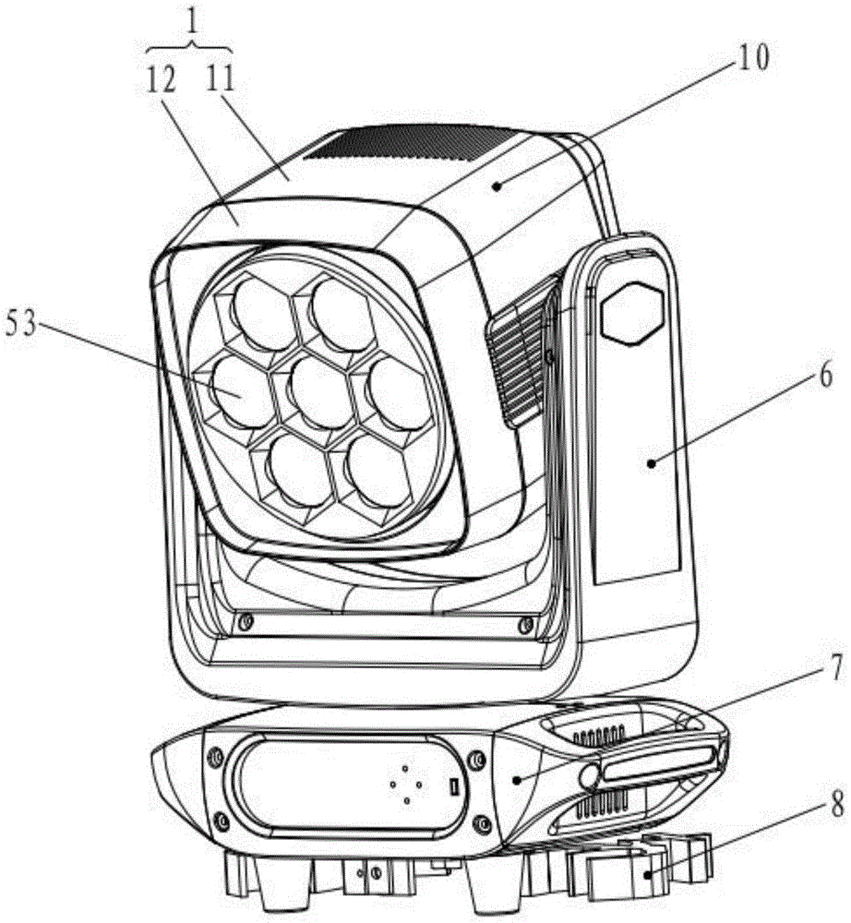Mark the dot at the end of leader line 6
coord(651,463)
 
